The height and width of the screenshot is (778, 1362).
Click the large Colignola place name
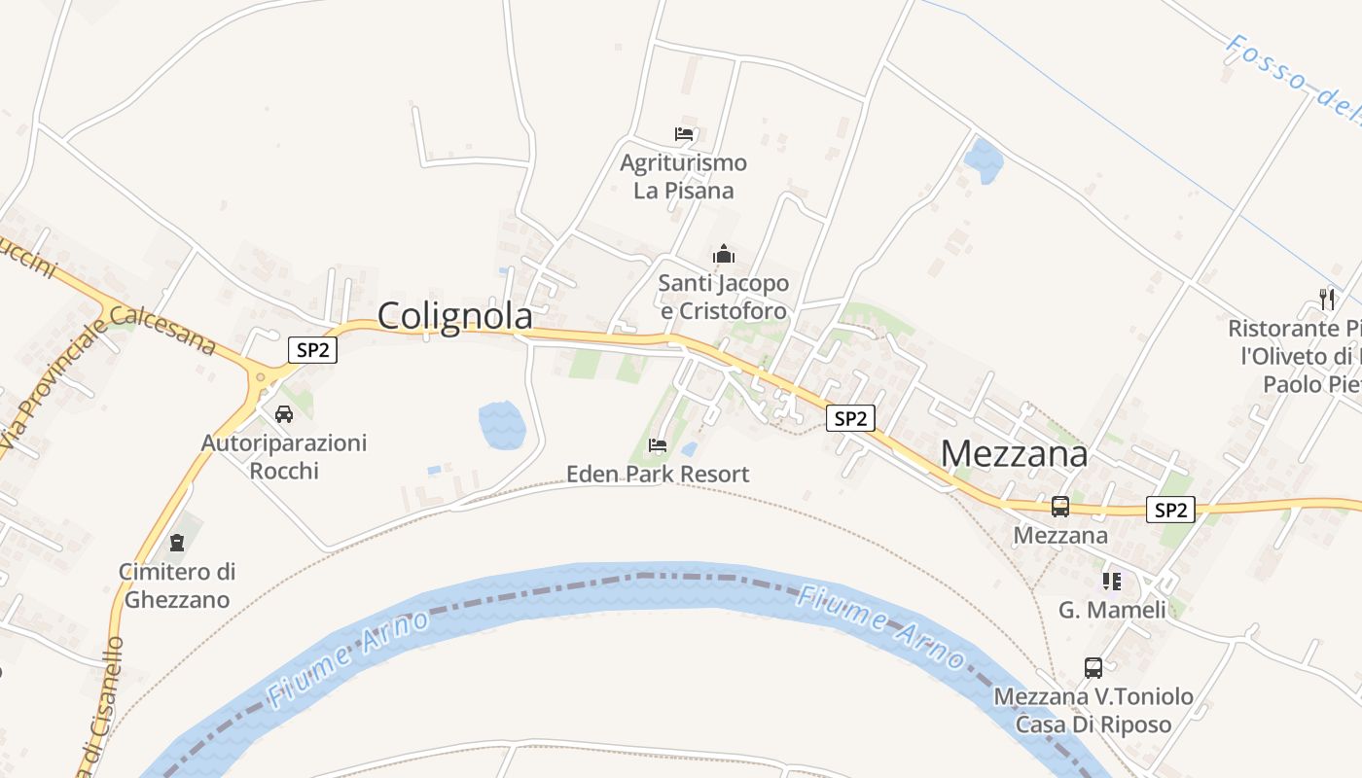pos(454,316)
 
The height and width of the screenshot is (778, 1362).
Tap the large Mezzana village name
pos(1015,453)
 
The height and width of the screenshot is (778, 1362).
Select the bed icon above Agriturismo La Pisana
pos(684,134)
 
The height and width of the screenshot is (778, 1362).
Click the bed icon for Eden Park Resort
pos(658,445)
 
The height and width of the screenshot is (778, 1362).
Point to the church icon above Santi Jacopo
pos(724,255)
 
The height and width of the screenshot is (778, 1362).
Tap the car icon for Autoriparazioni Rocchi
pos(284,414)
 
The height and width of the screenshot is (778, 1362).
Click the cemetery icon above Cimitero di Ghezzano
pos(177,542)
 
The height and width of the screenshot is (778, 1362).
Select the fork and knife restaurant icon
pos(1326,299)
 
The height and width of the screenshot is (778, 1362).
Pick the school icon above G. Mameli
pos(1111,582)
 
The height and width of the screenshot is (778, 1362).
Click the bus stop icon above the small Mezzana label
pos(1060,507)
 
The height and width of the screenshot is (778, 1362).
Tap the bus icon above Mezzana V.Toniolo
pos(1093,668)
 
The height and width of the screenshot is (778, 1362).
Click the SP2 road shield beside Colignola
pos(312,350)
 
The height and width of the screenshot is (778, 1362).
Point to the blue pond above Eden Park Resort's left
pos(502,425)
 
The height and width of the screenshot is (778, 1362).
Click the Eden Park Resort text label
pos(658,475)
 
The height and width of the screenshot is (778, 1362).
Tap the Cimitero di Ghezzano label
pos(177,585)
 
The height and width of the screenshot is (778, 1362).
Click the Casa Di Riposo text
pos(1093,725)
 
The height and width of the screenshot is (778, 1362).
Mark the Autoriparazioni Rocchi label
pos(284,457)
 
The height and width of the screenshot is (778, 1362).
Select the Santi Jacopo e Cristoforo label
pos(724,298)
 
